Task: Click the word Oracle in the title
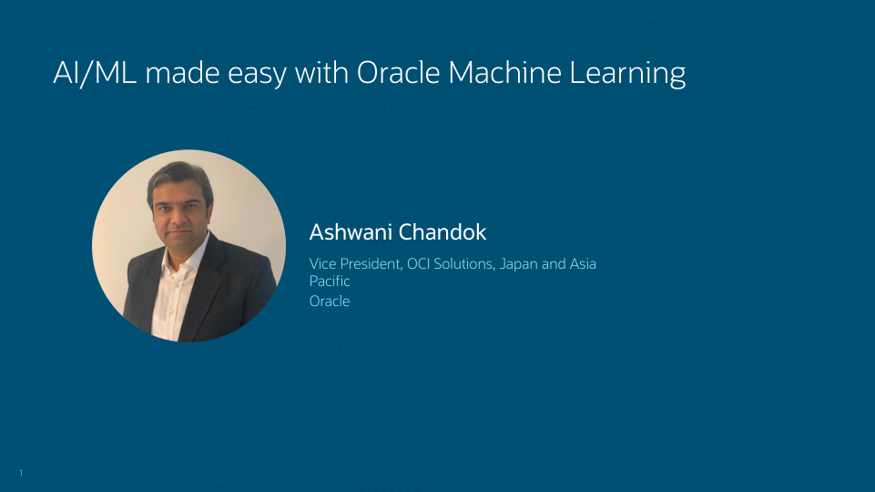[399, 73]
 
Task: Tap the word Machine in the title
[504, 73]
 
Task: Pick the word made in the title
[182, 73]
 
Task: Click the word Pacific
[330, 281]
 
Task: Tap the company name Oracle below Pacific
[330, 301]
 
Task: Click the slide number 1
[21, 473]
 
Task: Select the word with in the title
[321, 73]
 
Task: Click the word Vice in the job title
[322, 263]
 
